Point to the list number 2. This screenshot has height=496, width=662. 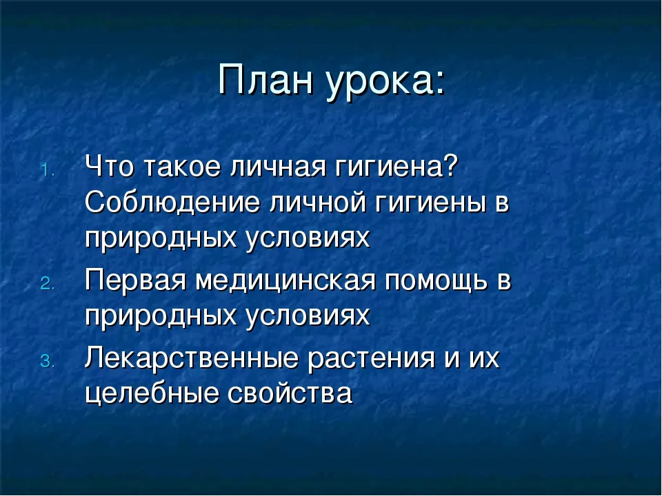48,283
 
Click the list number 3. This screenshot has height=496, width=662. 48,362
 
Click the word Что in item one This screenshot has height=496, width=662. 110,166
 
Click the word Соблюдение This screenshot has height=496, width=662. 172,203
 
